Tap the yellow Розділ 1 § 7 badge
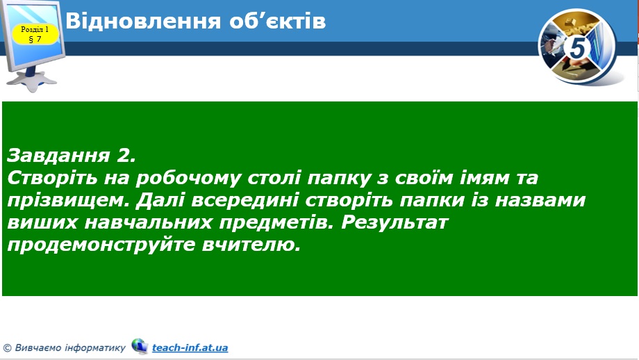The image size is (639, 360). click(x=35, y=34)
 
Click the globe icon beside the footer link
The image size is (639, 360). click(x=140, y=346)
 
